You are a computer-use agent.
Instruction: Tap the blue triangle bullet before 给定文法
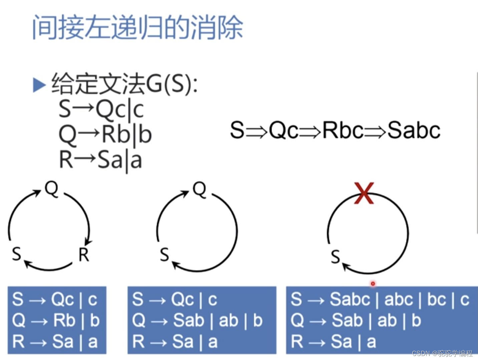coord(39,85)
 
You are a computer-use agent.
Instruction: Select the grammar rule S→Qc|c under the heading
coord(101,109)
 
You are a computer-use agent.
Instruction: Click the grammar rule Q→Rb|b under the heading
coord(105,134)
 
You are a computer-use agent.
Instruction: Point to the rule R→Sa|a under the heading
coord(100,160)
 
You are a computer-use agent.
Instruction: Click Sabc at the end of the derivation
coord(414,130)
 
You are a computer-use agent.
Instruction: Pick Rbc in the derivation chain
coord(343,130)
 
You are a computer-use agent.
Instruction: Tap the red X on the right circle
coord(364,193)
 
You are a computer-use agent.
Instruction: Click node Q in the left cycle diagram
coord(52,189)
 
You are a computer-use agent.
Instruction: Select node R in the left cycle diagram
coord(84,255)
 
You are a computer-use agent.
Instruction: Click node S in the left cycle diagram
coord(16,254)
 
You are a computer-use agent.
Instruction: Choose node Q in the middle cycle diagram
coord(199,190)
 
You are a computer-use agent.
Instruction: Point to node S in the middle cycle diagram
coord(164,255)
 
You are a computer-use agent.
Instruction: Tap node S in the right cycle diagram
coord(335,257)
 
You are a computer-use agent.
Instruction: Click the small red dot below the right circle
coord(373,284)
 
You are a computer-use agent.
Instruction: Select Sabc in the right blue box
coord(350,299)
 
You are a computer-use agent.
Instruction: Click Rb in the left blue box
coord(64,320)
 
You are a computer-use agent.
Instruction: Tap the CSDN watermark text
coord(442,353)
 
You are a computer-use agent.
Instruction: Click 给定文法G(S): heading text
coord(124,84)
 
